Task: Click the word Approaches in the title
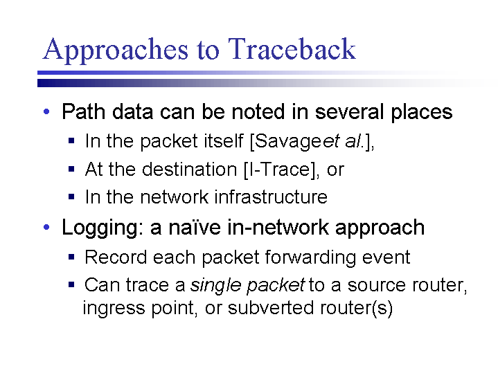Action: click(115, 51)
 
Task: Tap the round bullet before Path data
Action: click(46, 111)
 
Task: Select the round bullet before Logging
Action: click(46, 227)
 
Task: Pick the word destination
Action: click(190, 169)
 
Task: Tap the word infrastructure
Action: click(271, 197)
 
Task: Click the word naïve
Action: click(194, 227)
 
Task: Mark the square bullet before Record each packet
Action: click(71, 256)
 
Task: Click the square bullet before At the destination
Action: click(71, 169)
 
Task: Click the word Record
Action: click(116, 257)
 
